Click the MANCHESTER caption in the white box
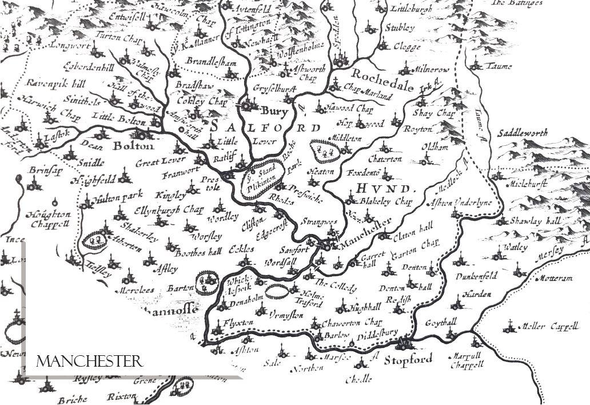click(89, 362)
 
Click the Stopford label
click(408, 360)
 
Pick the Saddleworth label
click(522, 133)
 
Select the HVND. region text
click(382, 188)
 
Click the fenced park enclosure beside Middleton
click(324, 152)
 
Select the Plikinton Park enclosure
click(263, 177)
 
